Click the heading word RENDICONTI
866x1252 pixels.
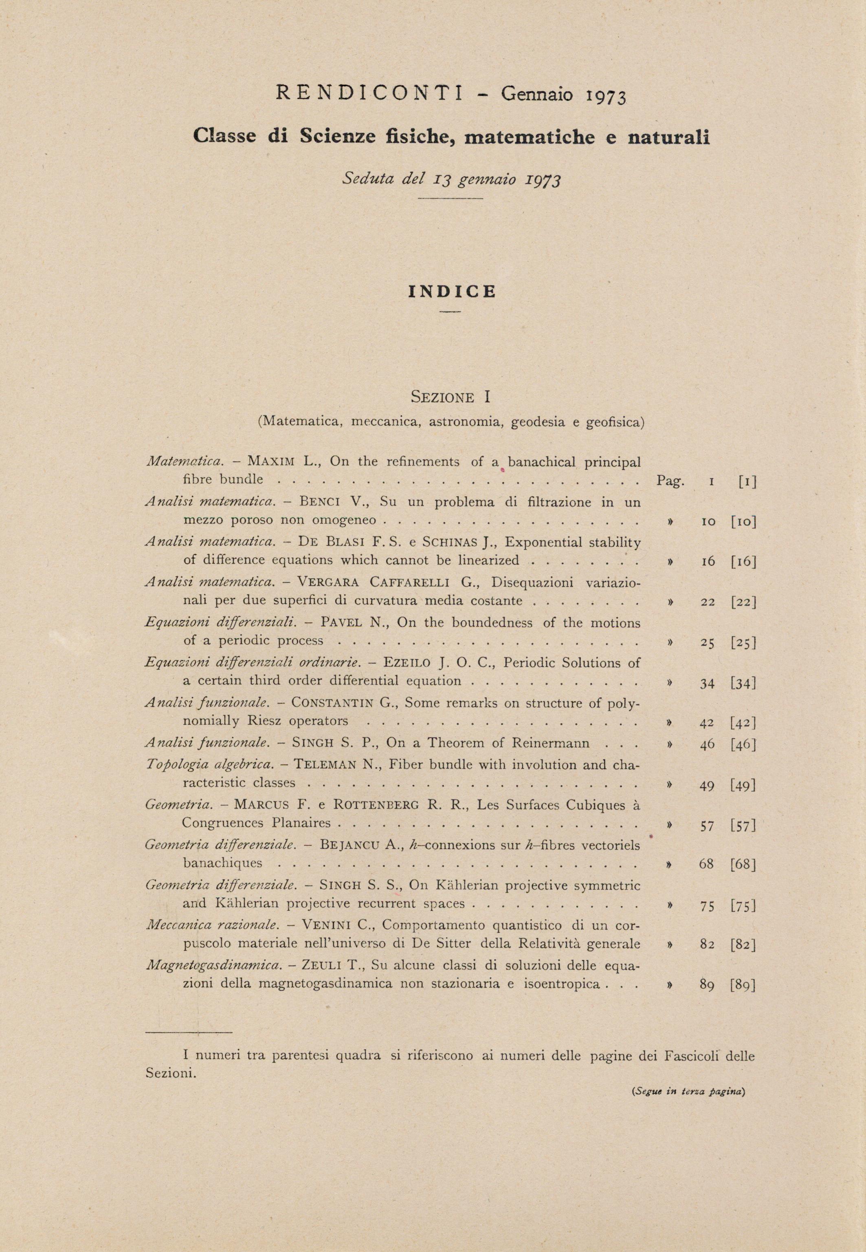tap(369, 94)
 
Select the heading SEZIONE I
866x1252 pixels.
tap(451, 397)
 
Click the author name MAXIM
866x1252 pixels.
tap(271, 462)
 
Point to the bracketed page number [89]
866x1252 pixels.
tap(743, 985)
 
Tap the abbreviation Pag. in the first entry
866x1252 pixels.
tap(671, 481)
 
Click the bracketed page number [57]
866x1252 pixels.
tap(743, 826)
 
